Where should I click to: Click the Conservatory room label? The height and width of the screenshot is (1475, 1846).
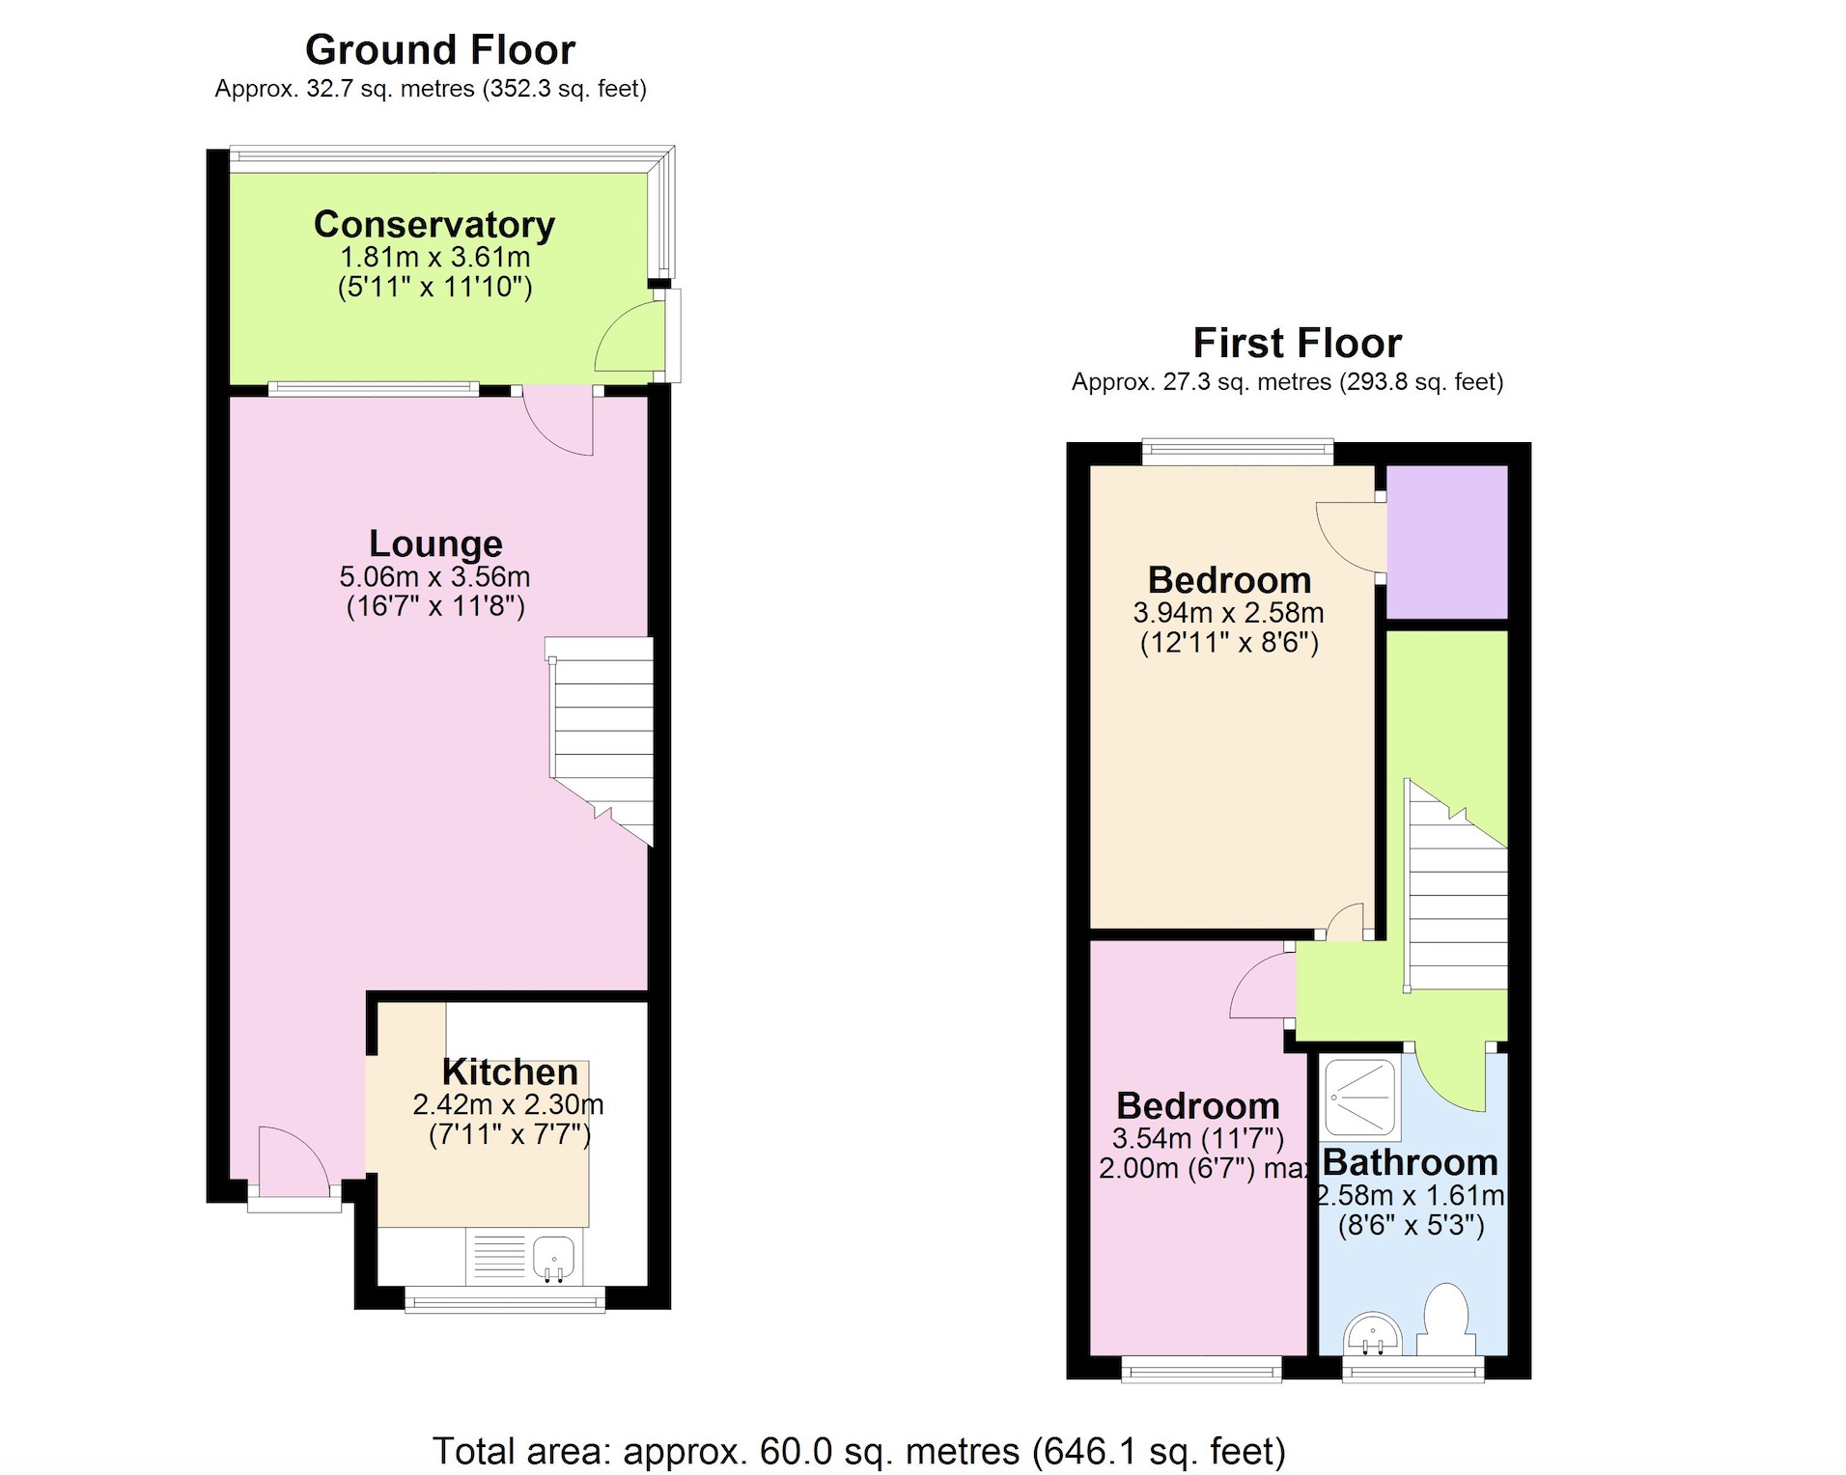click(434, 224)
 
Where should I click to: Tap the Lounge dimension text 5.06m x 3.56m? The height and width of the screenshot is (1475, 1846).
click(434, 577)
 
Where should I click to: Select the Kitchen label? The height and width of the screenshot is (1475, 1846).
click(509, 1071)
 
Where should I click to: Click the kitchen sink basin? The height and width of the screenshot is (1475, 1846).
click(553, 1259)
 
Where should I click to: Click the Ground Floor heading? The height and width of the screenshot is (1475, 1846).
click(439, 49)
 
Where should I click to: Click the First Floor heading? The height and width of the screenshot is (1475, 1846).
click(1297, 343)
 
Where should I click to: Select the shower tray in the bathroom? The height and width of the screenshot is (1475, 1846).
click(1359, 1099)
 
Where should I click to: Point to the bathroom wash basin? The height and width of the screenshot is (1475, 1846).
click(1372, 1334)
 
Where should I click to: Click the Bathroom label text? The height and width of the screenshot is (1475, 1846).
click(1410, 1162)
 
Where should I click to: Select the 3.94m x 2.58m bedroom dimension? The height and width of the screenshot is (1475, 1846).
click(1228, 613)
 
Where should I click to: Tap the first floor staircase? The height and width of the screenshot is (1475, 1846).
click(1456, 898)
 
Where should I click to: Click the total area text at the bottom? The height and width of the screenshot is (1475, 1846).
click(858, 1451)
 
